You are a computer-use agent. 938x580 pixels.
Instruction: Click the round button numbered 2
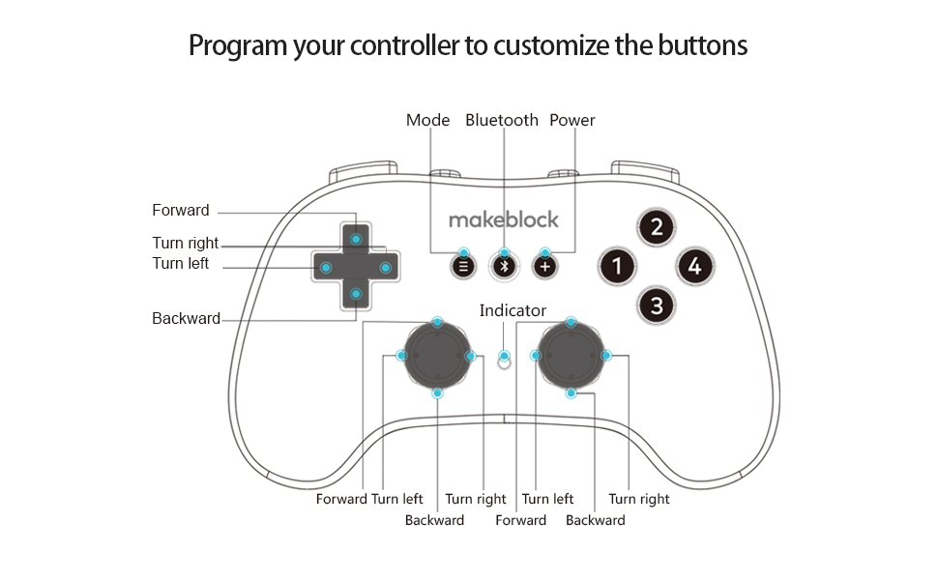[x=657, y=228]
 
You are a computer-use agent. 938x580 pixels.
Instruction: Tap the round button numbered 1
[x=617, y=266]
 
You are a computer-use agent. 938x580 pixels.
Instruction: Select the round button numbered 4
[x=694, y=266]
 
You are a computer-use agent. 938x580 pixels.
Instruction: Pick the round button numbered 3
[x=657, y=306]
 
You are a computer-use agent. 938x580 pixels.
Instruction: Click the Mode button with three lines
[x=464, y=266]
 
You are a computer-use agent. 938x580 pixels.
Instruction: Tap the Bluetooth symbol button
[x=504, y=266]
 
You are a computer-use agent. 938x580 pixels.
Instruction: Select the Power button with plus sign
[x=544, y=266]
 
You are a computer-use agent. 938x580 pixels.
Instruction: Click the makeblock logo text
[x=503, y=220]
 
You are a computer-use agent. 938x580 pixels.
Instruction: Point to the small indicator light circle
[x=503, y=359]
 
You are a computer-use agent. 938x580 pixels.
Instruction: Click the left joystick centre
[x=437, y=356]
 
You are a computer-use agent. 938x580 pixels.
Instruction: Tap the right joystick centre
[x=571, y=356]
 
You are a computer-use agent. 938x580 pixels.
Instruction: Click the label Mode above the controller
[x=427, y=121]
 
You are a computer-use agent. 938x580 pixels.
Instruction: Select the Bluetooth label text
[x=501, y=121]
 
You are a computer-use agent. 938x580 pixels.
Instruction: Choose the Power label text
[x=572, y=121]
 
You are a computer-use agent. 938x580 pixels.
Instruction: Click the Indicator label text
[x=513, y=311]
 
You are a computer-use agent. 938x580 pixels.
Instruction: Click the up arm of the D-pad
[x=356, y=238]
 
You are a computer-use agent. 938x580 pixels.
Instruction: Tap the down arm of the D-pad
[x=356, y=294]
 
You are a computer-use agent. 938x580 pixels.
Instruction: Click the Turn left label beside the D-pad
[x=180, y=264]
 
